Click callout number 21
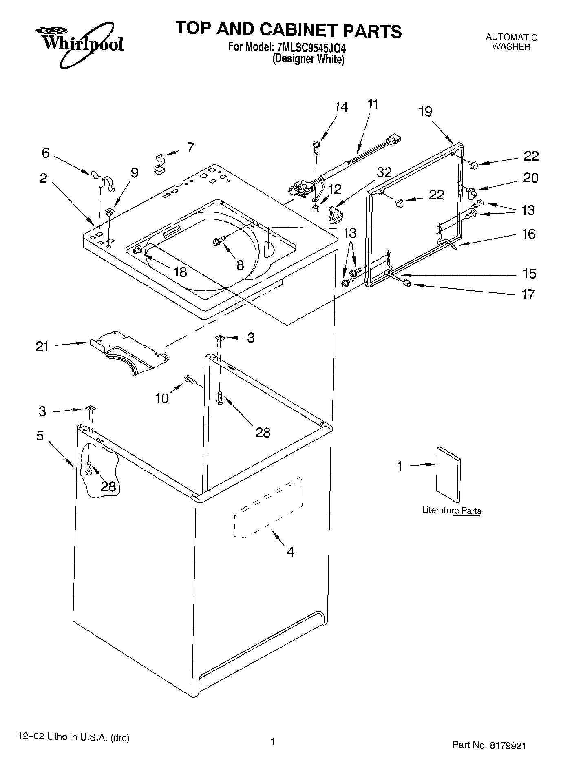click(42, 347)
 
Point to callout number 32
click(384, 172)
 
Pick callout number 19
click(425, 111)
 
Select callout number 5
click(40, 436)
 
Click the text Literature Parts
click(451, 510)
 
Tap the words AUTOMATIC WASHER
click(511, 42)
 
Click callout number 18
click(180, 272)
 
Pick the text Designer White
click(309, 59)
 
